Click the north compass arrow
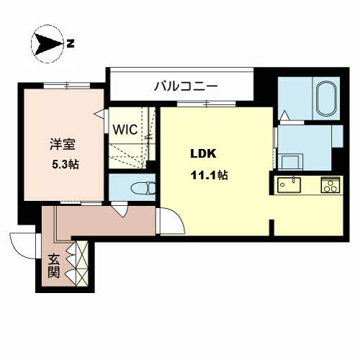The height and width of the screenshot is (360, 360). [x=48, y=44]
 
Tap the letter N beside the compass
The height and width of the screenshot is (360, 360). [x=71, y=44]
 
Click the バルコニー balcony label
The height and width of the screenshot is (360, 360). [x=186, y=86]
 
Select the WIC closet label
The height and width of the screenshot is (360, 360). [x=125, y=130]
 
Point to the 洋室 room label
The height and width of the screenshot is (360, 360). [x=63, y=145]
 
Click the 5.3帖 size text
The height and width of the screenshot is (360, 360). [x=66, y=165]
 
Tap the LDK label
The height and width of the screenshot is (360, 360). [x=203, y=153]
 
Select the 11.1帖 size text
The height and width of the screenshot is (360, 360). [x=209, y=175]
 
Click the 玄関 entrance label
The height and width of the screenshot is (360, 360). [x=54, y=266]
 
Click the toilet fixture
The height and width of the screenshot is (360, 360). [x=143, y=188]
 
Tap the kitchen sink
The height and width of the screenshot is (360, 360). [x=289, y=185]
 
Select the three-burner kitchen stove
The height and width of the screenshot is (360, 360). [x=330, y=185]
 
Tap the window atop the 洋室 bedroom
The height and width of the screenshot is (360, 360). [x=67, y=86]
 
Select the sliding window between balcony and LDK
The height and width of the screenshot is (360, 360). [x=207, y=104]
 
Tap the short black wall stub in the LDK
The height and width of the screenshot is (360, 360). [x=271, y=228]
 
